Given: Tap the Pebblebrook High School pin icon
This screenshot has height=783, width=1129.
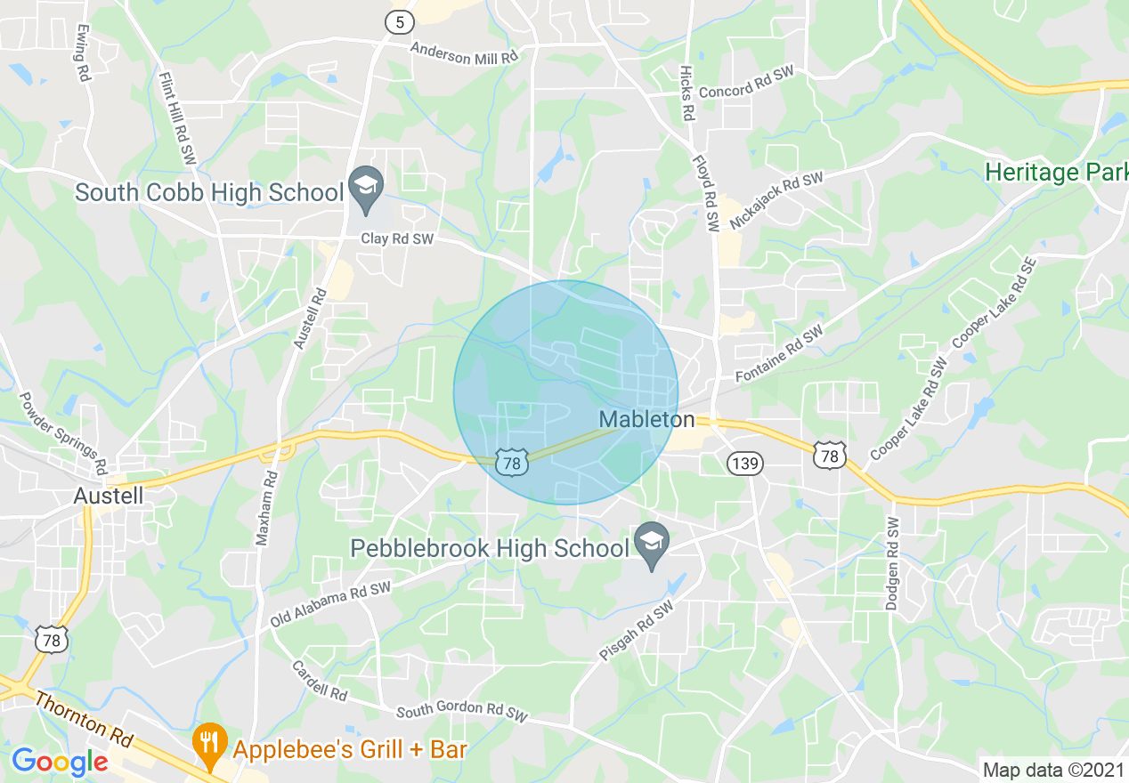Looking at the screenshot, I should [x=653, y=543].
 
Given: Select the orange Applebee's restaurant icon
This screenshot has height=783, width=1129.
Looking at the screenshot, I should [x=208, y=745].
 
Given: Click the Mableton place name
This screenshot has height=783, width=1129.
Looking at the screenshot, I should [x=646, y=419].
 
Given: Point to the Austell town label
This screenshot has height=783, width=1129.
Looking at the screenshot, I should [x=110, y=495].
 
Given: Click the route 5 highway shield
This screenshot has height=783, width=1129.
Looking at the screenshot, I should [x=395, y=23].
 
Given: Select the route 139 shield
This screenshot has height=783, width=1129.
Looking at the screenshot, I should [x=743, y=463].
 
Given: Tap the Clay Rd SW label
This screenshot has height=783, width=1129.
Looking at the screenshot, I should [x=397, y=238].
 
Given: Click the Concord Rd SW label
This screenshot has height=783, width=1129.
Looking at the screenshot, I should [x=746, y=91].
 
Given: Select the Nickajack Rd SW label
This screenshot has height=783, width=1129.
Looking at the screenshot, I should [x=776, y=201].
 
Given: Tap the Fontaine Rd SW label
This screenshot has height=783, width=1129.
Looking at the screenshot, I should [x=780, y=354].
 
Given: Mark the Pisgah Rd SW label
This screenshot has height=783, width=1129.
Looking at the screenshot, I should [x=638, y=634].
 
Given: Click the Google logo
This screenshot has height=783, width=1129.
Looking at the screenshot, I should [x=60, y=762].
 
